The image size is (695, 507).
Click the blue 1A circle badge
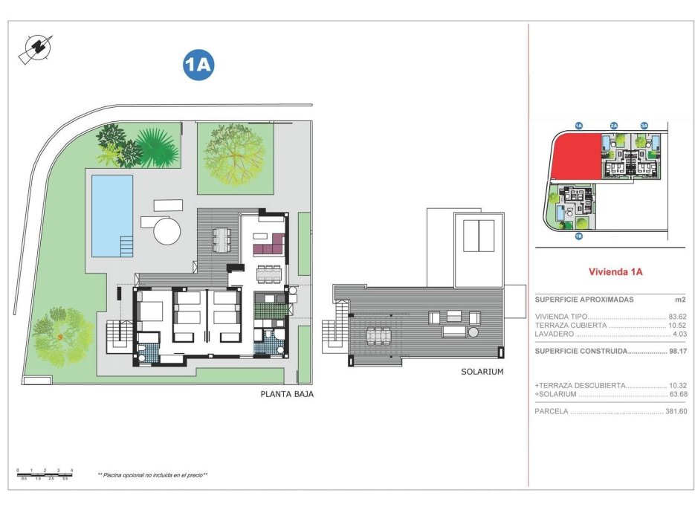click(198, 65)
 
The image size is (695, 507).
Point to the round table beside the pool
click(167, 230)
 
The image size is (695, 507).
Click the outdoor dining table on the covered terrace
click(222, 239)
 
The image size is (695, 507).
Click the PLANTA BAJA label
click(288, 395)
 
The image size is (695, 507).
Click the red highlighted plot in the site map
click(575, 158)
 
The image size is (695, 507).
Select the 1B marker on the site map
click(578, 236)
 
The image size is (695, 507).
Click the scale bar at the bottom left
click(45, 474)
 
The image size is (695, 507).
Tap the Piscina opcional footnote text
click(152, 474)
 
